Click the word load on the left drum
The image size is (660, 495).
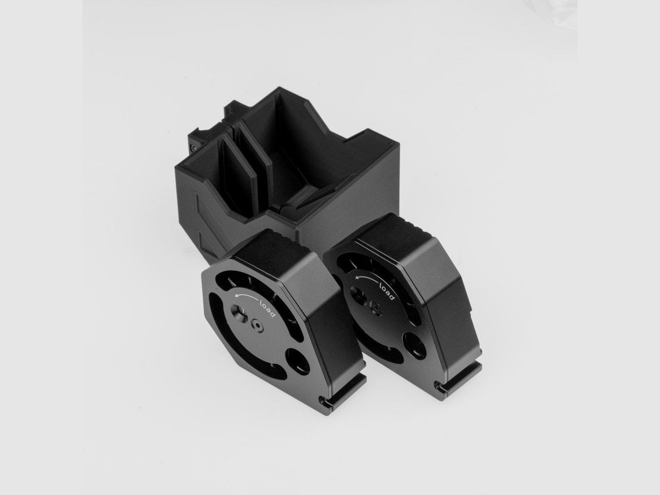tap(268, 308)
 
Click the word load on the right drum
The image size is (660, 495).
tap(387, 291)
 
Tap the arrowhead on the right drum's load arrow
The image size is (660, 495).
tap(356, 279)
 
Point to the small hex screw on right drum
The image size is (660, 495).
tap(376, 308)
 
